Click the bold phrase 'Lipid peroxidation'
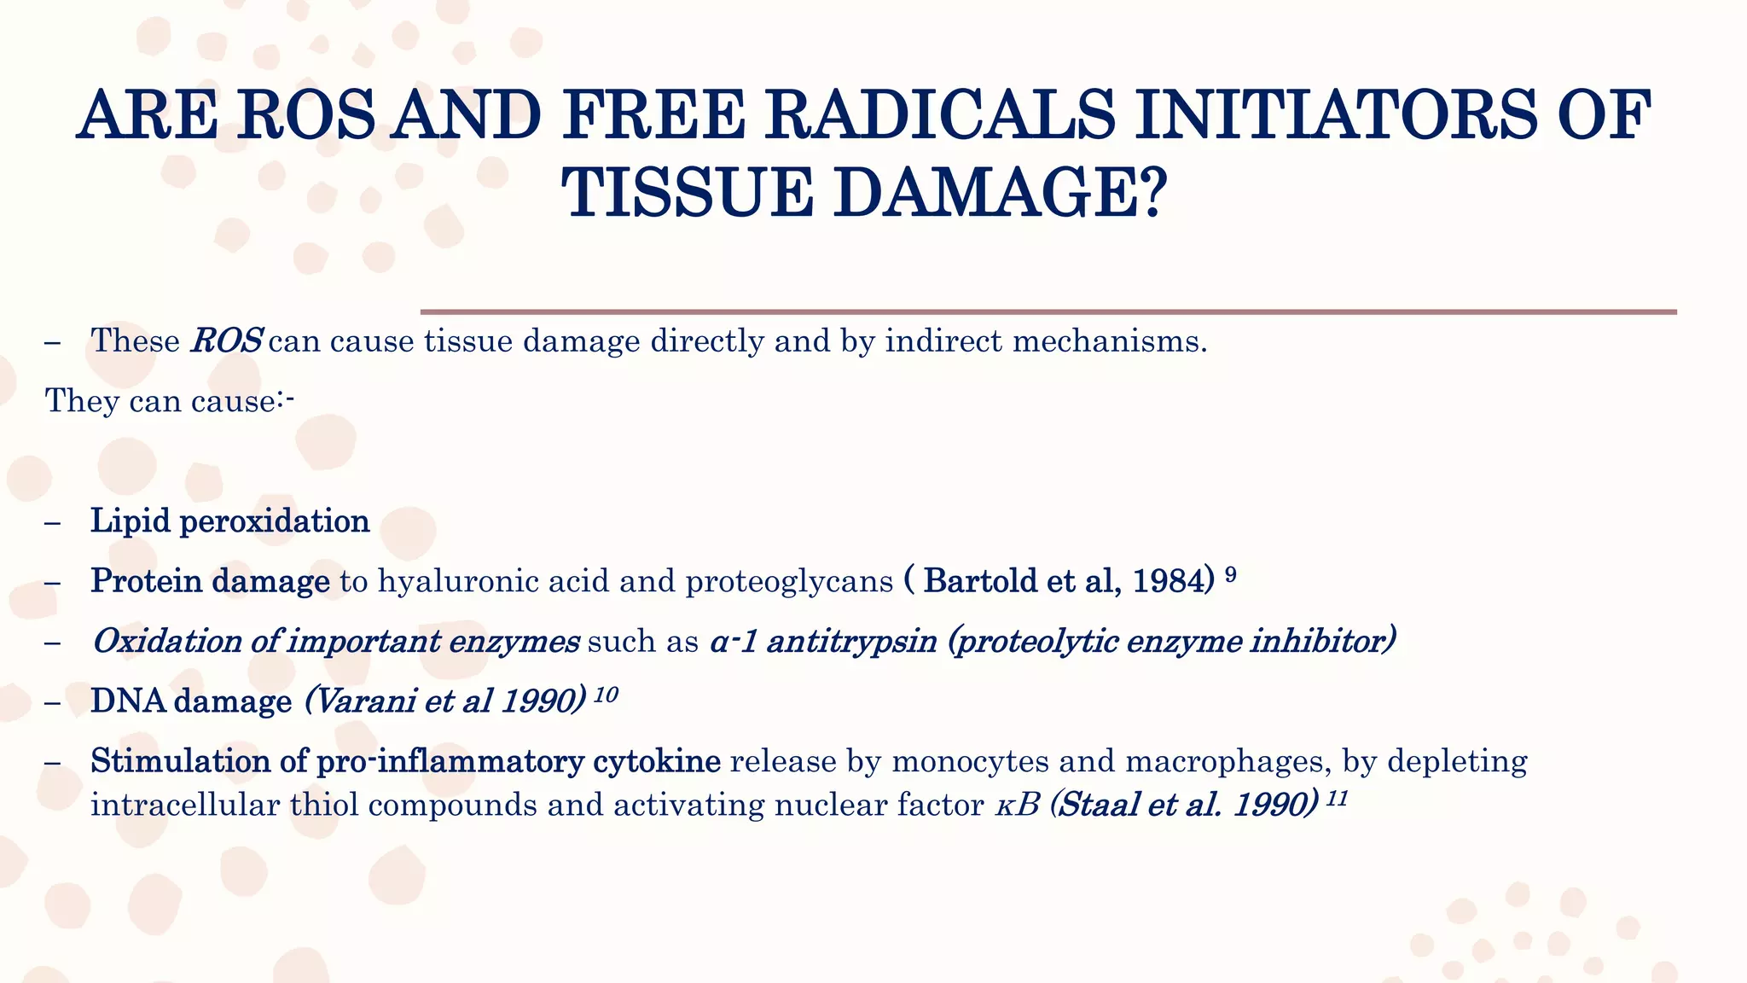230,521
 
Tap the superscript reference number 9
1231,574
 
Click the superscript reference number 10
605,695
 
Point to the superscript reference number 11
1337,799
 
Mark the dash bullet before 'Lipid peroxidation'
53,521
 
